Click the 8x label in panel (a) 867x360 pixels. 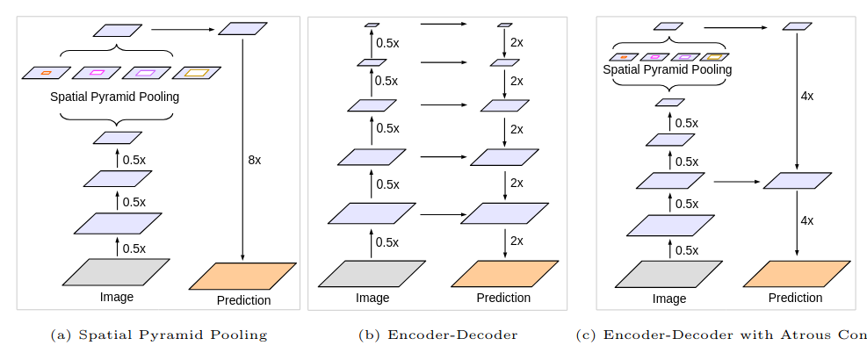coord(255,161)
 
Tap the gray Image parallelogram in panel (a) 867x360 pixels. coord(116,272)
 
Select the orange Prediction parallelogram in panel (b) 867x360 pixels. coord(504,273)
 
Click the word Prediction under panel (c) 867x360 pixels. coord(795,298)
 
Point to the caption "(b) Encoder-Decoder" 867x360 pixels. coord(437,335)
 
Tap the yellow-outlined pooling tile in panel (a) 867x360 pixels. coord(196,72)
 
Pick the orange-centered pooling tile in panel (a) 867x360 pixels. coord(46,72)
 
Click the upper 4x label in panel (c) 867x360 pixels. coord(806,96)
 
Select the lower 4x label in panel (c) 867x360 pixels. coord(806,220)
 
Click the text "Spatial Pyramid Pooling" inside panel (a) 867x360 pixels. coord(115,97)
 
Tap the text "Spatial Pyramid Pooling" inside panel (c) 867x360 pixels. coord(668,68)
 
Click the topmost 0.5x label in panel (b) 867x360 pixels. coord(387,42)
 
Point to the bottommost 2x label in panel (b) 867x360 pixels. coord(517,241)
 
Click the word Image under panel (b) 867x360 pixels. coord(372,298)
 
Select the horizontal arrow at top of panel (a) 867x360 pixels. coord(182,30)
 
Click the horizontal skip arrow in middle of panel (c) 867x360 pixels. coord(736,182)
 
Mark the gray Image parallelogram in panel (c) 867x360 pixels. coord(668,273)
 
